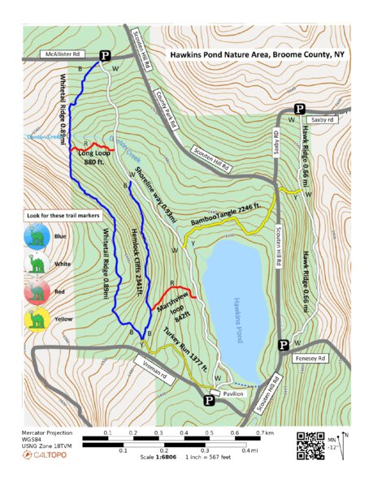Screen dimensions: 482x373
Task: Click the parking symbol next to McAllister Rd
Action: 106,55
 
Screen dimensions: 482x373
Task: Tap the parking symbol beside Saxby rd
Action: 299,109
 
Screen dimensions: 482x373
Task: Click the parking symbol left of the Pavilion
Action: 208,399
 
